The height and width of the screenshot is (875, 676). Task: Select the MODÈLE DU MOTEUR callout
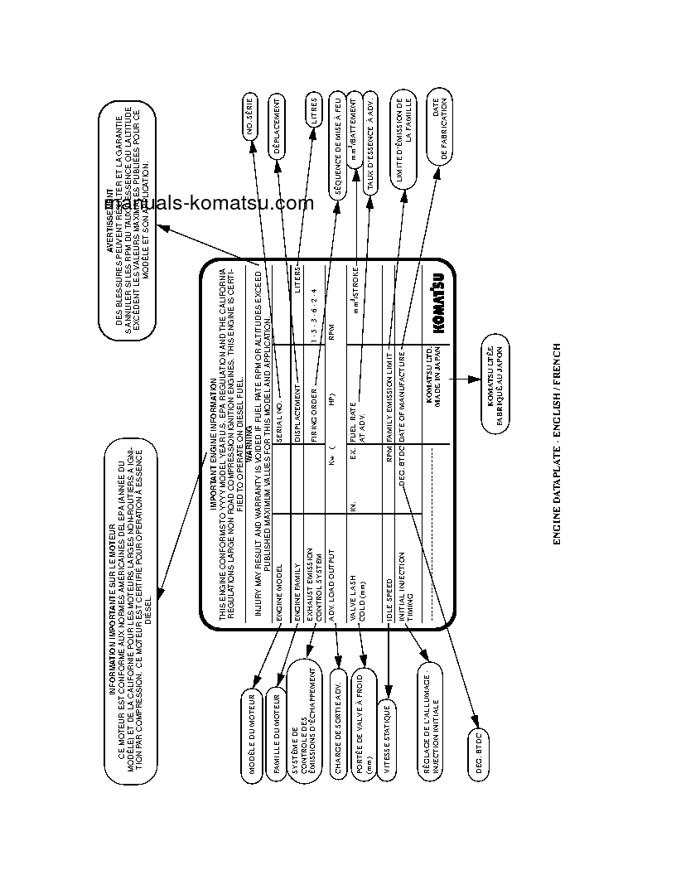click(x=254, y=732)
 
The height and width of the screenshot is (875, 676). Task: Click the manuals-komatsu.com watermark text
click(x=209, y=204)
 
